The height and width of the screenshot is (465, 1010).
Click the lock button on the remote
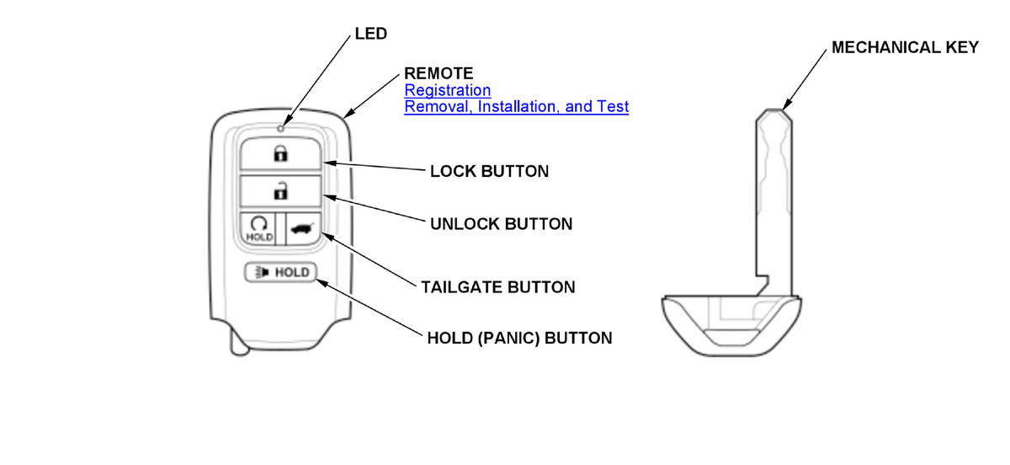[x=280, y=154]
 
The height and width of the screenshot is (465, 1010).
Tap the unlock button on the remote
[x=280, y=192]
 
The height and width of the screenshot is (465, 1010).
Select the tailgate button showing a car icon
[x=302, y=227]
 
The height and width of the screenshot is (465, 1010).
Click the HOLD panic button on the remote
[x=280, y=272]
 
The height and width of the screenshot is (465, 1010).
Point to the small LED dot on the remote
[x=280, y=128]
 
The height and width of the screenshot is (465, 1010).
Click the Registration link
[x=447, y=90]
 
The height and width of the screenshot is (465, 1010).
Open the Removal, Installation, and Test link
[x=516, y=107]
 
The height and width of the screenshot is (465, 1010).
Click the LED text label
[x=370, y=34]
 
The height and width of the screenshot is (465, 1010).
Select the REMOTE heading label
[x=439, y=73]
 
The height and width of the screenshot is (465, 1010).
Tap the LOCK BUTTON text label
[x=489, y=171]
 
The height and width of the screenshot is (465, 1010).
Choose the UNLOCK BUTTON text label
[x=500, y=224]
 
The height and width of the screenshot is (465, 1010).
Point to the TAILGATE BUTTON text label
[x=498, y=287]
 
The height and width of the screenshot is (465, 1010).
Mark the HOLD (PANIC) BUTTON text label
[x=519, y=339]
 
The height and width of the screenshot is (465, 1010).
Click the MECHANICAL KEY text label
[x=905, y=47]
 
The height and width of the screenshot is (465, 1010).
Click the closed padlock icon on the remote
[x=280, y=154]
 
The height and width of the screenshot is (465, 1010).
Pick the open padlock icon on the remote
[x=280, y=192]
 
